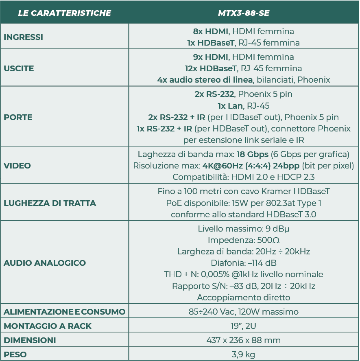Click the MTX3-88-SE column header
coord(244,13)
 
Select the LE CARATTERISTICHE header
coord(65,13)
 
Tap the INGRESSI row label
coord(23,37)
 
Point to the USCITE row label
coord(19,68)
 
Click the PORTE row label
coord(18,117)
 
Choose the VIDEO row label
coord(17,166)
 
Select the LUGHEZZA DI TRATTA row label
coord(50,203)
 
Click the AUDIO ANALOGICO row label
coord(45,263)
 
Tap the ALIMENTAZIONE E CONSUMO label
coord(65,312)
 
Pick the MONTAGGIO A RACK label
coord(48,326)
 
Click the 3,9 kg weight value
coord(243,354)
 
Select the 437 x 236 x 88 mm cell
coord(243,340)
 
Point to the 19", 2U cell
coord(243,326)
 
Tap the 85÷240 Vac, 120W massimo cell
coord(243,312)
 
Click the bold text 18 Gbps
coord(252,155)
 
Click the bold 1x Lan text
coord(230,106)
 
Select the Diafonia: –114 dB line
coord(243,263)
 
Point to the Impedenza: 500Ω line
coord(243,240)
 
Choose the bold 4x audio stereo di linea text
coord(205,80)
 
